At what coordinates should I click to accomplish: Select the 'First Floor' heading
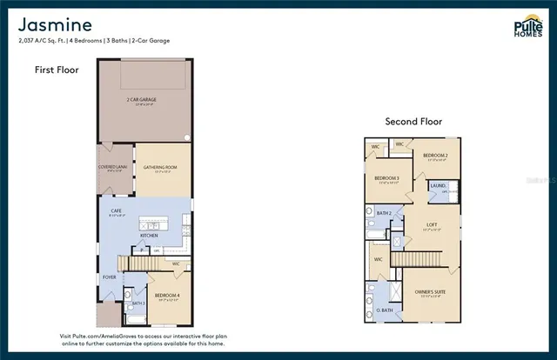tap(57, 70)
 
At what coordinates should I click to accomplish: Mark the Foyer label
tap(110, 278)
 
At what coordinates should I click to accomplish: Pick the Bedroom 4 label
tap(167, 296)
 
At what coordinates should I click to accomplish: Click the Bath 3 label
tap(137, 303)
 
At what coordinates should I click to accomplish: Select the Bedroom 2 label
tap(435, 156)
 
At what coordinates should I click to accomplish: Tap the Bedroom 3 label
tap(386, 179)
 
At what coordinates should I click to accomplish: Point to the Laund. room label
tap(437, 185)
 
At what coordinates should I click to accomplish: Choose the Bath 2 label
tap(384, 212)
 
